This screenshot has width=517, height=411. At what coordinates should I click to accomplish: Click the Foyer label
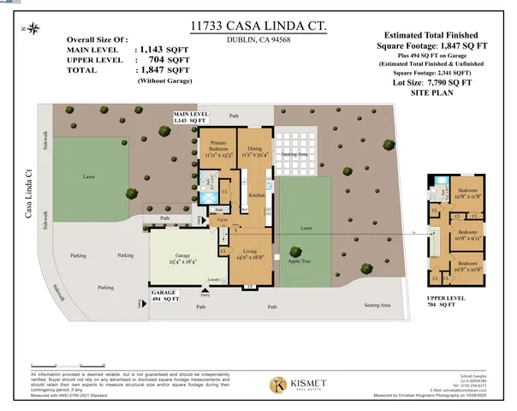[x=221, y=219]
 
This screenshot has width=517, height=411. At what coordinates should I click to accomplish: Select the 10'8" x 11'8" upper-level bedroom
[x=467, y=193]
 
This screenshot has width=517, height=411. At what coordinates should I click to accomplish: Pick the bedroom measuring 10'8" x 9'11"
[x=467, y=235]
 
